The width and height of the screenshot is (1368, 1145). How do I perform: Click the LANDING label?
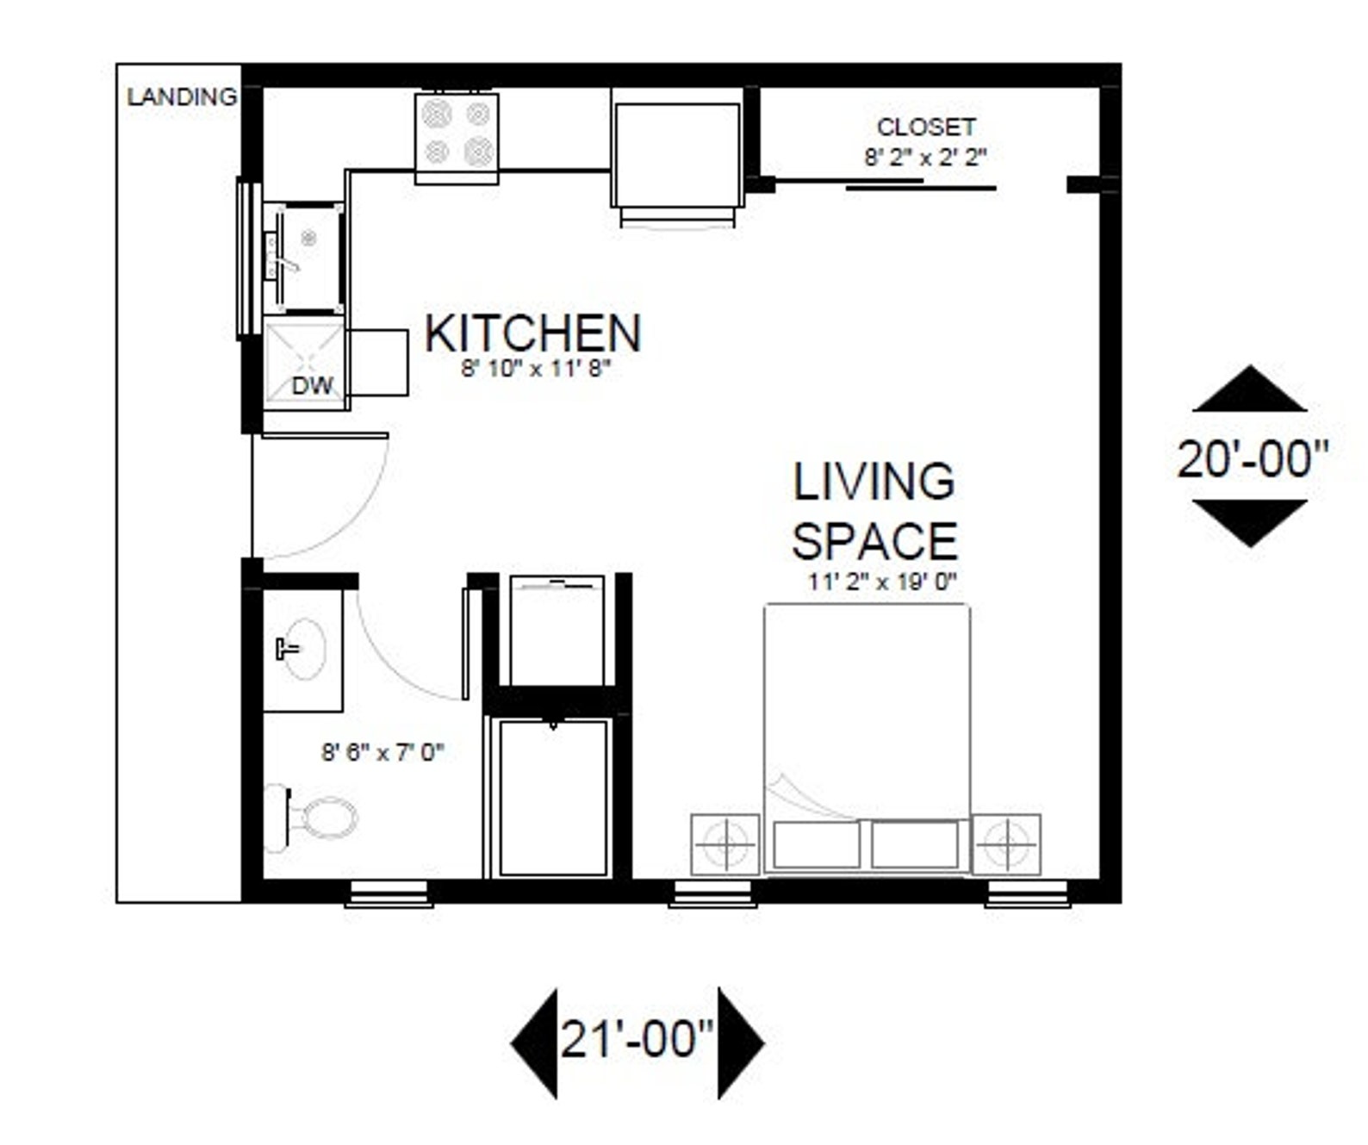[181, 96]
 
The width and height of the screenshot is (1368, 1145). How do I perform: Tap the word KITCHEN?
[533, 333]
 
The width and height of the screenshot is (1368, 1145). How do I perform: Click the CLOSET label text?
[926, 127]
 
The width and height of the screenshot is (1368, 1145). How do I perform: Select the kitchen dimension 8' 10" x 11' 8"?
[536, 369]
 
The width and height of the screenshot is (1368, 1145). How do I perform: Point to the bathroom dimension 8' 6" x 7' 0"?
[382, 752]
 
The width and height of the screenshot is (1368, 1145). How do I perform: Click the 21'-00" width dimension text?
[637, 1039]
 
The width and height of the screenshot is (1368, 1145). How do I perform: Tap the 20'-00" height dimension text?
[1252, 458]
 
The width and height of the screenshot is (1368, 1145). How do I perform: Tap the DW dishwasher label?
[312, 385]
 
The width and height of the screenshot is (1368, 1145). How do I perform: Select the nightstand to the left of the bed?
[725, 843]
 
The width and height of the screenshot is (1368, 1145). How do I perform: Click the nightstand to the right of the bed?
[1006, 843]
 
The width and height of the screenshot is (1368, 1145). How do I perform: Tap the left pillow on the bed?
[817, 844]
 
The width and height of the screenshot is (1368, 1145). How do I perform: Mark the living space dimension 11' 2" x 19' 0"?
[882, 582]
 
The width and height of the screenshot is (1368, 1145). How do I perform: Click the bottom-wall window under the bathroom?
[389, 893]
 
